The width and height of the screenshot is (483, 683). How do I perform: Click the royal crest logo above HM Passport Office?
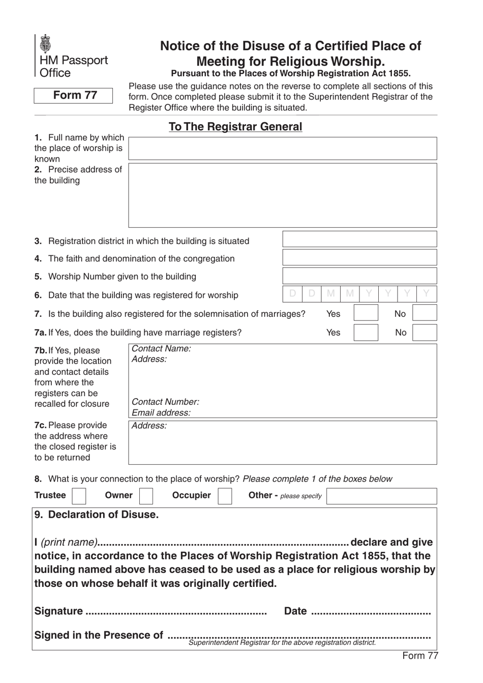tap(46, 44)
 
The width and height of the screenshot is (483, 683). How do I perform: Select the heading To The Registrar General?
tap(235, 127)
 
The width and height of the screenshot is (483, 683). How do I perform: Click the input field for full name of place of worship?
tap(282, 149)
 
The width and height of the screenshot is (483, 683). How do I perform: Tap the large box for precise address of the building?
tap(282, 195)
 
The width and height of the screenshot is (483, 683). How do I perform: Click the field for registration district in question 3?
tap(359, 240)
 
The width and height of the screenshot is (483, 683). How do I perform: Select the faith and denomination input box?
tap(359, 257)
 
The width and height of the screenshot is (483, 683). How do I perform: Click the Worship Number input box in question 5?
tap(359, 276)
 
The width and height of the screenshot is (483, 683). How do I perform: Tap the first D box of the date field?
tap(292, 294)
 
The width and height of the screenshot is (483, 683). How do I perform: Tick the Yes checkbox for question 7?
tap(366, 313)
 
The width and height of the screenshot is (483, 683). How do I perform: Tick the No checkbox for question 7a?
tap(425, 333)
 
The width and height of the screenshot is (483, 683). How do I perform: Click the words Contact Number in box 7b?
tap(165, 402)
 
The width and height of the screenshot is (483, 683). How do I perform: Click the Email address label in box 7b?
tap(161, 413)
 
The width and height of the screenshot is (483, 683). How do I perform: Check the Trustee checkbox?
tap(79, 496)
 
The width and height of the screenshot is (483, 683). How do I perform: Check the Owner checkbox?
tap(146, 496)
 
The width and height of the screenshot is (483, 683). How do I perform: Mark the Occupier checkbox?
tap(225, 496)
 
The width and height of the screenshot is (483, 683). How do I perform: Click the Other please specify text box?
tap(381, 496)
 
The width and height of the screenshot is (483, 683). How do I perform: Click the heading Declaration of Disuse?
tap(97, 515)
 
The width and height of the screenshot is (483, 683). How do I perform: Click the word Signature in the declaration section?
tap(58, 611)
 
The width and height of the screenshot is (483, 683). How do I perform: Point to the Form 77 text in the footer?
tap(419, 656)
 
